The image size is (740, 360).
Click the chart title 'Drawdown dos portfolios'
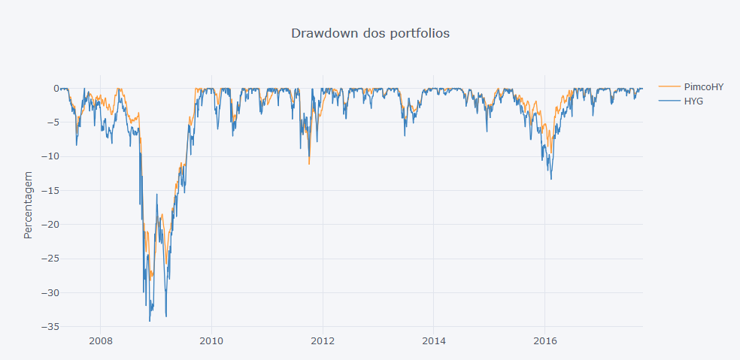point(370,33)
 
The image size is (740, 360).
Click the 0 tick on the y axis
point(55,88)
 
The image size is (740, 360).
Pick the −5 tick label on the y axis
point(53,123)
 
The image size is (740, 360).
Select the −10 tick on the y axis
point(50,156)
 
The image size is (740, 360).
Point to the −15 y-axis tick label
point(50,190)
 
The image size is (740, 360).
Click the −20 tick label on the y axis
point(50,225)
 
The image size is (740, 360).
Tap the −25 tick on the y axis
point(50,259)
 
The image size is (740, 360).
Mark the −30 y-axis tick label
point(50,292)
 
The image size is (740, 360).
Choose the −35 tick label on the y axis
point(50,327)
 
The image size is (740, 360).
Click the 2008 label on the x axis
point(101,341)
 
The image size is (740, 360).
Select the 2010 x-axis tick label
point(211,341)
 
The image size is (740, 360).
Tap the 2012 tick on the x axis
point(323,341)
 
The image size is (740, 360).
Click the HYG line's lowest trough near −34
point(149,321)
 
